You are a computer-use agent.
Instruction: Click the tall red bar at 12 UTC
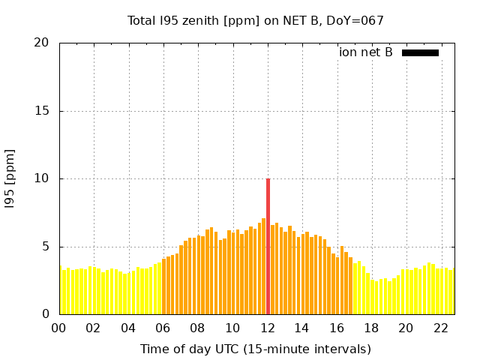(268, 247)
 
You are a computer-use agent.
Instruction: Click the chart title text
(255, 20)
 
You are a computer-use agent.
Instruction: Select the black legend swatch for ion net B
(420, 52)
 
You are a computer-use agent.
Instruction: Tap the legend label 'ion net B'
(366, 52)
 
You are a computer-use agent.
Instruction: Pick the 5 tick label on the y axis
(46, 247)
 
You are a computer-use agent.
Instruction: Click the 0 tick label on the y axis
(46, 314)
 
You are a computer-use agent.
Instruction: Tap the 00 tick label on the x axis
(59, 328)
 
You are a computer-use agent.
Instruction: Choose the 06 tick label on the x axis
(163, 328)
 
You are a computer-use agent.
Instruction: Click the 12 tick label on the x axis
(268, 328)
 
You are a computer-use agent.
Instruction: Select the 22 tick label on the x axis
(441, 328)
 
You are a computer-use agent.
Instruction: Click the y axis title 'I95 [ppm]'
(10, 178)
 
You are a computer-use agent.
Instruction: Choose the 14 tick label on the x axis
(302, 328)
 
